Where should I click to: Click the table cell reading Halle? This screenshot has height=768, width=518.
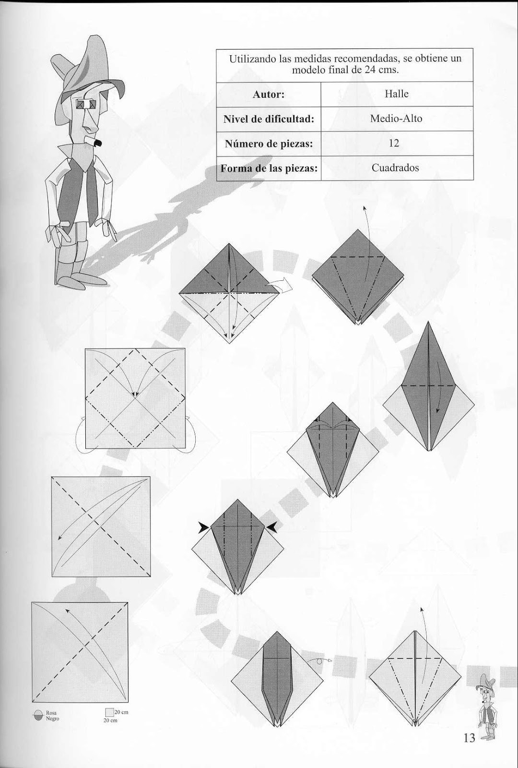[x=396, y=94]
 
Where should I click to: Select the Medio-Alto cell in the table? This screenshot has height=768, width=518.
[x=396, y=119]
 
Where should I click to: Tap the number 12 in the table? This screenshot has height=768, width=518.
[x=394, y=143]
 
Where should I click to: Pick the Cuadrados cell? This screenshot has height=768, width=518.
[x=395, y=168]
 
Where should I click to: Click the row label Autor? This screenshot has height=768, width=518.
[x=269, y=94]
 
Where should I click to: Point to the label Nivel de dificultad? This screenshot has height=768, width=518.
[x=269, y=119]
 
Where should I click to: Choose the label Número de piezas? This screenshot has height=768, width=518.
[x=269, y=144]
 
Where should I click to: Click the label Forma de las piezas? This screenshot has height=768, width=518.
[x=269, y=168]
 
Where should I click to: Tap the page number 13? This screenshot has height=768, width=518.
[x=469, y=738]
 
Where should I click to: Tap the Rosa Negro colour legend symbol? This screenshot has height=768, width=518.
[x=39, y=716]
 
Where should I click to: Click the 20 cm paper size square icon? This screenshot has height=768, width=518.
[x=109, y=713]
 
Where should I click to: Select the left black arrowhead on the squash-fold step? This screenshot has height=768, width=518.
[x=203, y=528]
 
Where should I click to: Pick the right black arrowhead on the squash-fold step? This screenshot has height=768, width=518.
[x=272, y=528]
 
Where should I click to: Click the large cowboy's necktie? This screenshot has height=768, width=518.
[x=92, y=192]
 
